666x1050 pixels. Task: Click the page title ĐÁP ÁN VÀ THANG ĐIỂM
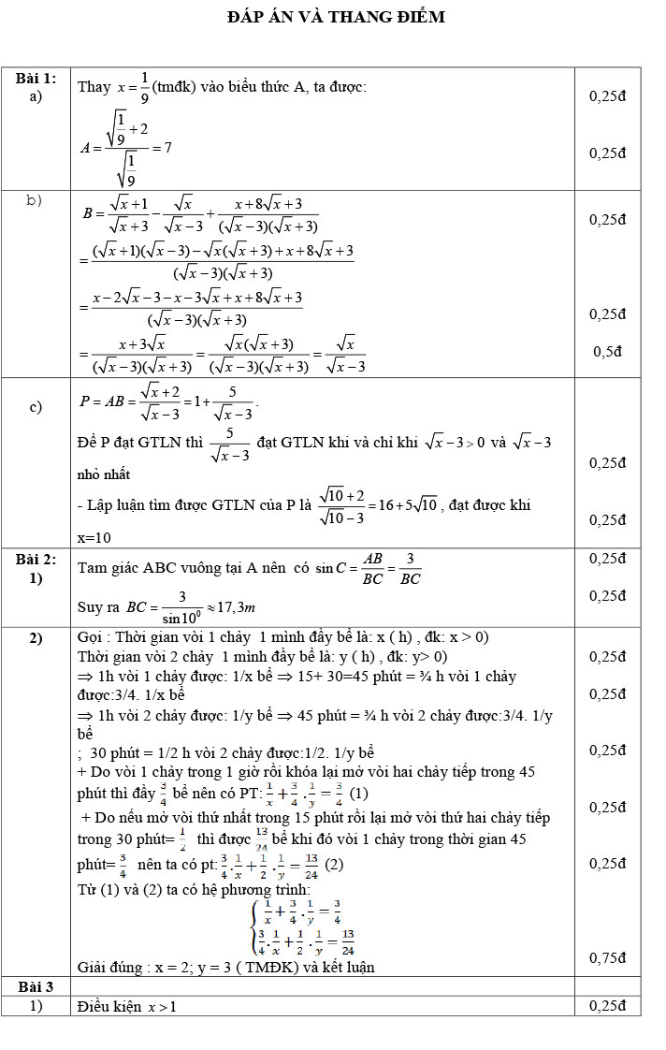[x=336, y=17]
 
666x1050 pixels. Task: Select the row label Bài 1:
[x=36, y=78]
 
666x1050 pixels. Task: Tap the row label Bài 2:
[x=36, y=559]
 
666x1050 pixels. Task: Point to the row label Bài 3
[x=36, y=986]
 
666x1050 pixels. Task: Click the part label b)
[x=36, y=200]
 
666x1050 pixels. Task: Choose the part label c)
[x=36, y=406]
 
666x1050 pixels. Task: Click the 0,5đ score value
[x=607, y=352]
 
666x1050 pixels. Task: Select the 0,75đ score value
[x=607, y=957]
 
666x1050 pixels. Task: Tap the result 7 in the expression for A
[x=166, y=147]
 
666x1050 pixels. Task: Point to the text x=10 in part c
[x=94, y=538]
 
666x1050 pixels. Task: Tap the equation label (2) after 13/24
[x=334, y=865]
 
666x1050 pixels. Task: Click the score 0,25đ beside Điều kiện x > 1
[x=607, y=1006]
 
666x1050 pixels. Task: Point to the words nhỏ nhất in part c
[x=102, y=475]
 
